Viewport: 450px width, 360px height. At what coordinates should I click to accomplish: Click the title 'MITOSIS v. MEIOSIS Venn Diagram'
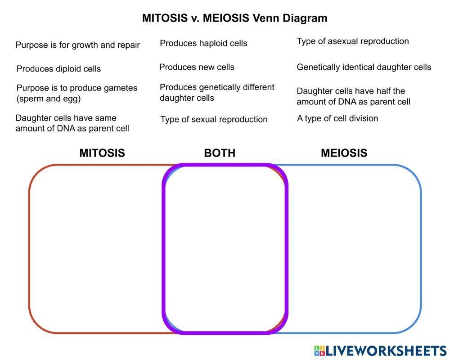pyautogui.click(x=234, y=18)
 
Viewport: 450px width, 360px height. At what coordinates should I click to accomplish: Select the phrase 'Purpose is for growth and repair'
pyautogui.click(x=77, y=45)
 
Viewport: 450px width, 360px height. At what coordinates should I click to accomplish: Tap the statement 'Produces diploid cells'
pyautogui.click(x=58, y=69)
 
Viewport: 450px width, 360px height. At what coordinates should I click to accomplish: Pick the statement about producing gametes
pyautogui.click(x=76, y=93)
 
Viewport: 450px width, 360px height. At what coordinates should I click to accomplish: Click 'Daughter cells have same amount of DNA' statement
pyautogui.click(x=72, y=123)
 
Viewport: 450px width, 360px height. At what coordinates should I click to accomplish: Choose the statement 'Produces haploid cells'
pyautogui.click(x=203, y=43)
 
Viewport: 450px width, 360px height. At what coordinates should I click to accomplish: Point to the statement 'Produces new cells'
pyautogui.click(x=197, y=67)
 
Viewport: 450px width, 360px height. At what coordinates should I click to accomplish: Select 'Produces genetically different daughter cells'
pyautogui.click(x=217, y=92)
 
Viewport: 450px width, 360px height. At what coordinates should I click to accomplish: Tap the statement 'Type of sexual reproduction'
pyautogui.click(x=214, y=119)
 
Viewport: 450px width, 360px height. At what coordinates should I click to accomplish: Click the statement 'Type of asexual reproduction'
pyautogui.click(x=353, y=41)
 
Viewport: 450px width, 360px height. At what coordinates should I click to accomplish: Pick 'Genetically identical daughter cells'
pyautogui.click(x=364, y=67)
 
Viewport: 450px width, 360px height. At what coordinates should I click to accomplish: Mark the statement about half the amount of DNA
pyautogui.click(x=353, y=96)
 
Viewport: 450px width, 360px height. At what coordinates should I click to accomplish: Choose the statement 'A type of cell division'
pyautogui.click(x=337, y=118)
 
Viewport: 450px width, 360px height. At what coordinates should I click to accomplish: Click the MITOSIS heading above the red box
pyautogui.click(x=102, y=153)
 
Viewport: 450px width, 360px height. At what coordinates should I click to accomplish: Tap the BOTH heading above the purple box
pyautogui.click(x=220, y=153)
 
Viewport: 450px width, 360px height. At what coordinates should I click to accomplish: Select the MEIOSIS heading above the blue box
pyautogui.click(x=344, y=153)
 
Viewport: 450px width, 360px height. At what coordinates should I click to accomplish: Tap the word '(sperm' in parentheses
pyautogui.click(x=30, y=99)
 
